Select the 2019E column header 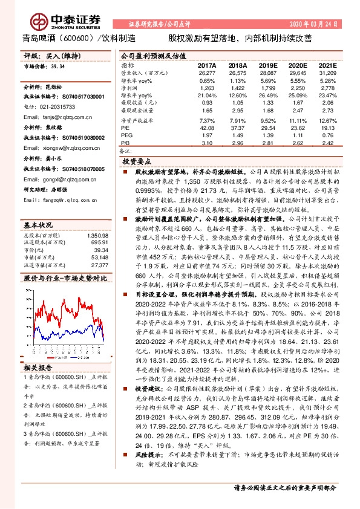point(267,65)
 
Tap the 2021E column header point(327,65)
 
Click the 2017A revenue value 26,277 point(207,73)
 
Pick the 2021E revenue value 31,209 point(327,73)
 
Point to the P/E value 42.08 point(207,128)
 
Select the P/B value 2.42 point(327,143)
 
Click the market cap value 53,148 point(99,256)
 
